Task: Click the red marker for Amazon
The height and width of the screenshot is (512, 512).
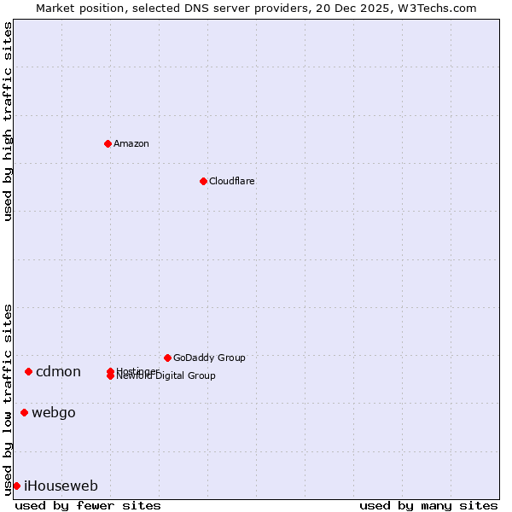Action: (x=108, y=143)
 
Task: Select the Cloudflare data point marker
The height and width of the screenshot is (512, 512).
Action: (x=203, y=181)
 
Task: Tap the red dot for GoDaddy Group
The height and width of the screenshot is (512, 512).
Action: (x=167, y=358)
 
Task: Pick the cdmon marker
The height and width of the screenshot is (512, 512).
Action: (x=28, y=371)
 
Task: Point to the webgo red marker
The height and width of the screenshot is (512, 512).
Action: (x=24, y=413)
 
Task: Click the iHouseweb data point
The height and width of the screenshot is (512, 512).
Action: (x=16, y=486)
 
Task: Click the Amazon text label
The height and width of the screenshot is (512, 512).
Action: (x=131, y=143)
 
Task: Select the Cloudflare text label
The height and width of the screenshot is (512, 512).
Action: (x=231, y=181)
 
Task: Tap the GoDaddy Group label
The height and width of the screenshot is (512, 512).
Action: (x=209, y=358)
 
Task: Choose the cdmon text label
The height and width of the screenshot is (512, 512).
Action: (x=58, y=371)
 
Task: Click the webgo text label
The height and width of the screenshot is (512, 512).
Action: (x=54, y=413)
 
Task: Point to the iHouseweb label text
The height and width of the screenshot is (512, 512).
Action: (x=61, y=486)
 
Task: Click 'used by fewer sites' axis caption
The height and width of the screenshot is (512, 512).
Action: (x=88, y=505)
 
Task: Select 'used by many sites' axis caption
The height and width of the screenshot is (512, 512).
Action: (x=428, y=505)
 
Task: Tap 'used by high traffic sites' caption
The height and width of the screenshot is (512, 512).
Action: (x=9, y=121)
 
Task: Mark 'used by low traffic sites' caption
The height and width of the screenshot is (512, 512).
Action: (x=9, y=399)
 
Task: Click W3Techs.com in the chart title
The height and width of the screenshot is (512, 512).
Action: (x=433, y=9)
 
